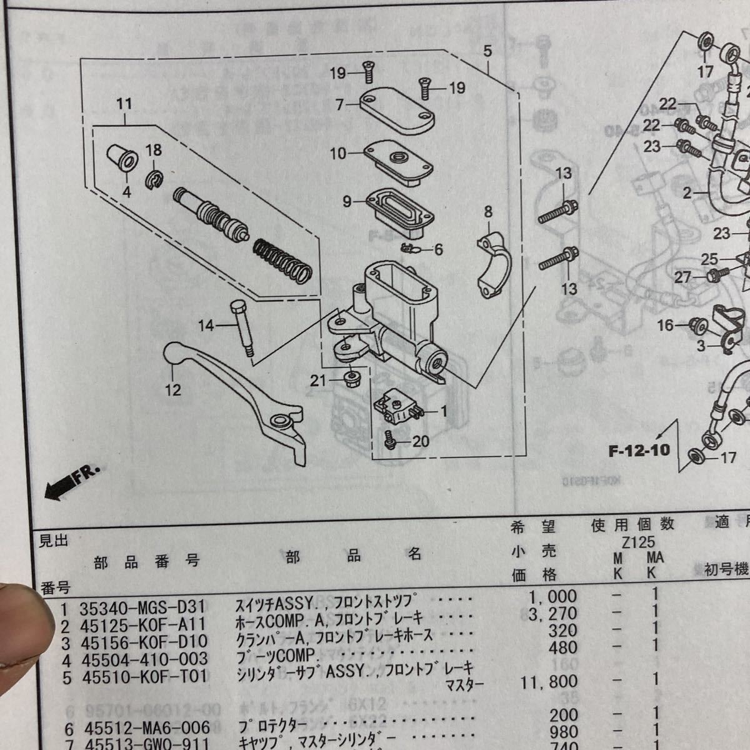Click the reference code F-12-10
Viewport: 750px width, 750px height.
tap(639, 450)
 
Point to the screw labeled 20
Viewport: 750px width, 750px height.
tap(388, 441)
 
